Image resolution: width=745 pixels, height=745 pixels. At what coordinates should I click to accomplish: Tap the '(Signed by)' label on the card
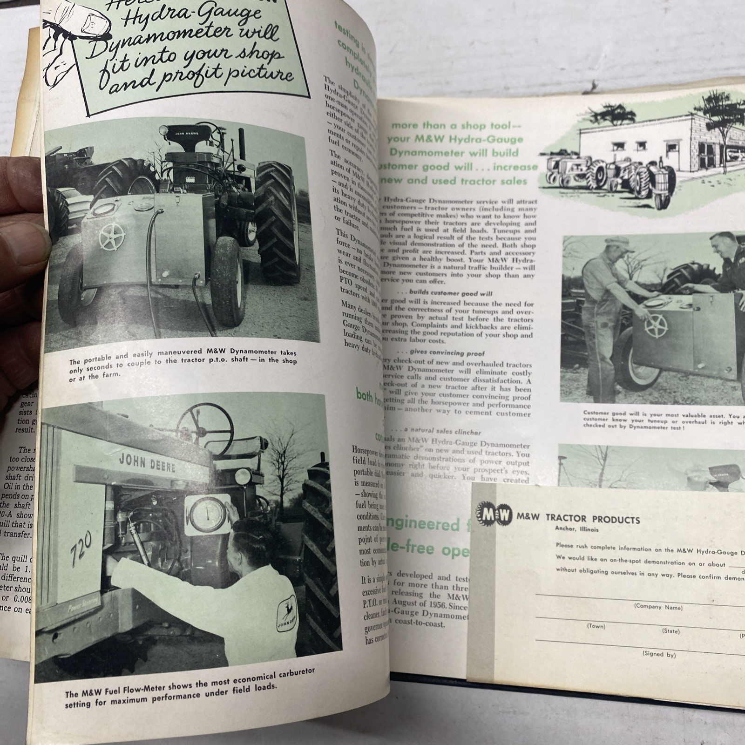(659, 654)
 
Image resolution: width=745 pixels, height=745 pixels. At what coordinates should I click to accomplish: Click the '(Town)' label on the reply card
(596, 626)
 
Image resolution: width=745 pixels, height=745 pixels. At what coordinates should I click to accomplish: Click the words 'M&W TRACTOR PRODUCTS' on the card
(577, 519)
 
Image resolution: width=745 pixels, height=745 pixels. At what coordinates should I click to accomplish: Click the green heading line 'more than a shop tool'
(454, 125)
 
